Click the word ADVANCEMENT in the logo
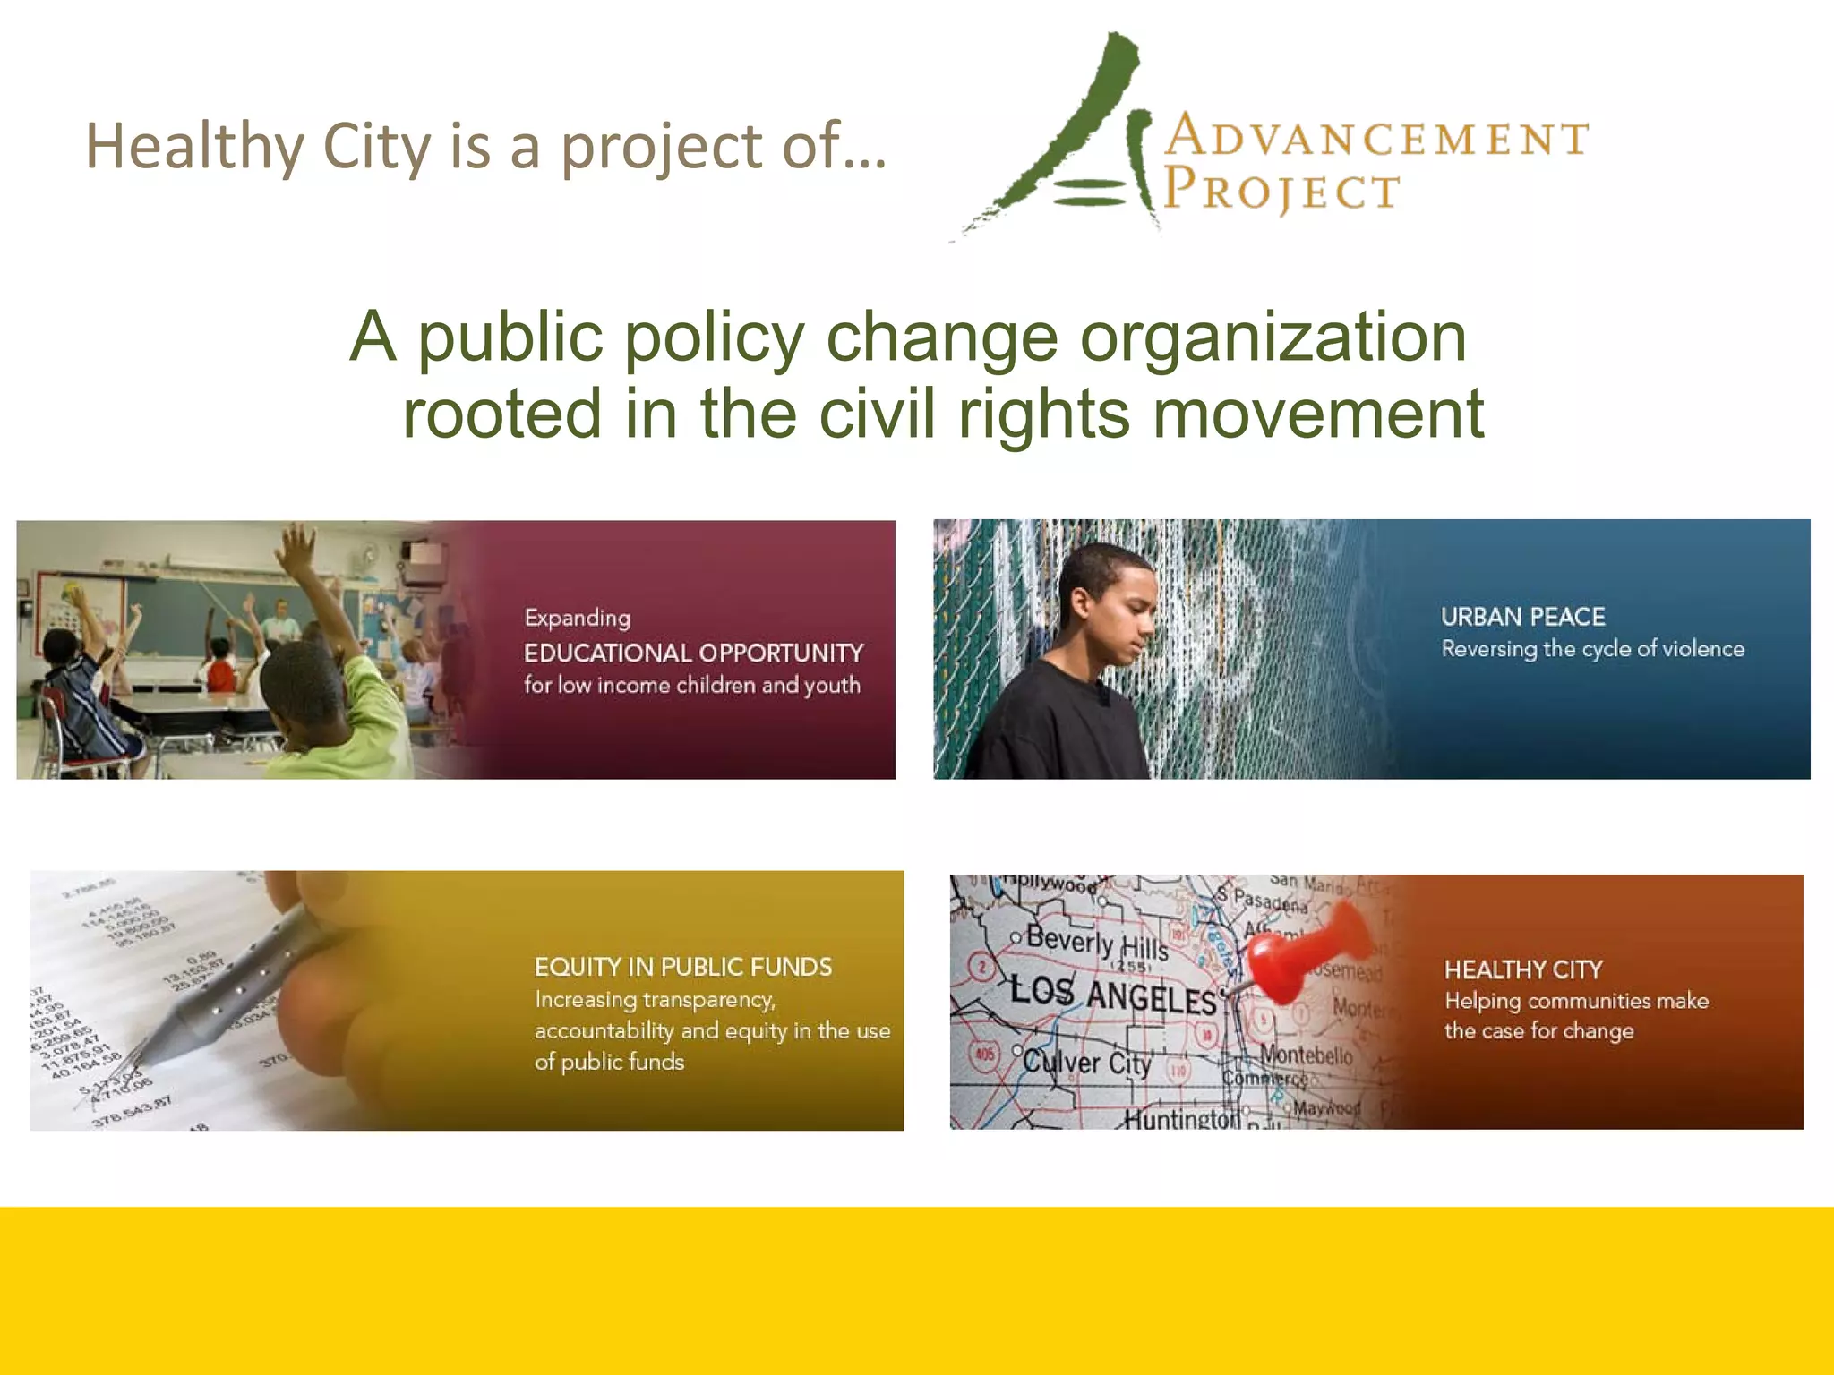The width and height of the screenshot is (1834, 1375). pyautogui.click(x=1376, y=139)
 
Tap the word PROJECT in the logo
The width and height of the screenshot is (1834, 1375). pyautogui.click(x=1281, y=191)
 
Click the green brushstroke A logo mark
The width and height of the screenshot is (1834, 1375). pyautogui.click(x=1075, y=134)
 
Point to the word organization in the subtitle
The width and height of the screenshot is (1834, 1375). pyautogui.click(x=1273, y=337)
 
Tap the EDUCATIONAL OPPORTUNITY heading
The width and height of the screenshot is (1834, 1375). pyautogui.click(x=693, y=653)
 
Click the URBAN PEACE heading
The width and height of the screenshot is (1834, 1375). pyautogui.click(x=1522, y=617)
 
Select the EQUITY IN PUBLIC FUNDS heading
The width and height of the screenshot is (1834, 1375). pyautogui.click(x=682, y=967)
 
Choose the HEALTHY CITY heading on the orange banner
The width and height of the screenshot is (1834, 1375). pyautogui.click(x=1522, y=969)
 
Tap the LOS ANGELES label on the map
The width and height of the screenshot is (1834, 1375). pyautogui.click(x=1114, y=995)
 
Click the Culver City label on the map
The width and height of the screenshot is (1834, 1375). pyautogui.click(x=1086, y=1063)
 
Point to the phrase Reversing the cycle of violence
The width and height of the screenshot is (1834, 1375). pyautogui.click(x=1592, y=649)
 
